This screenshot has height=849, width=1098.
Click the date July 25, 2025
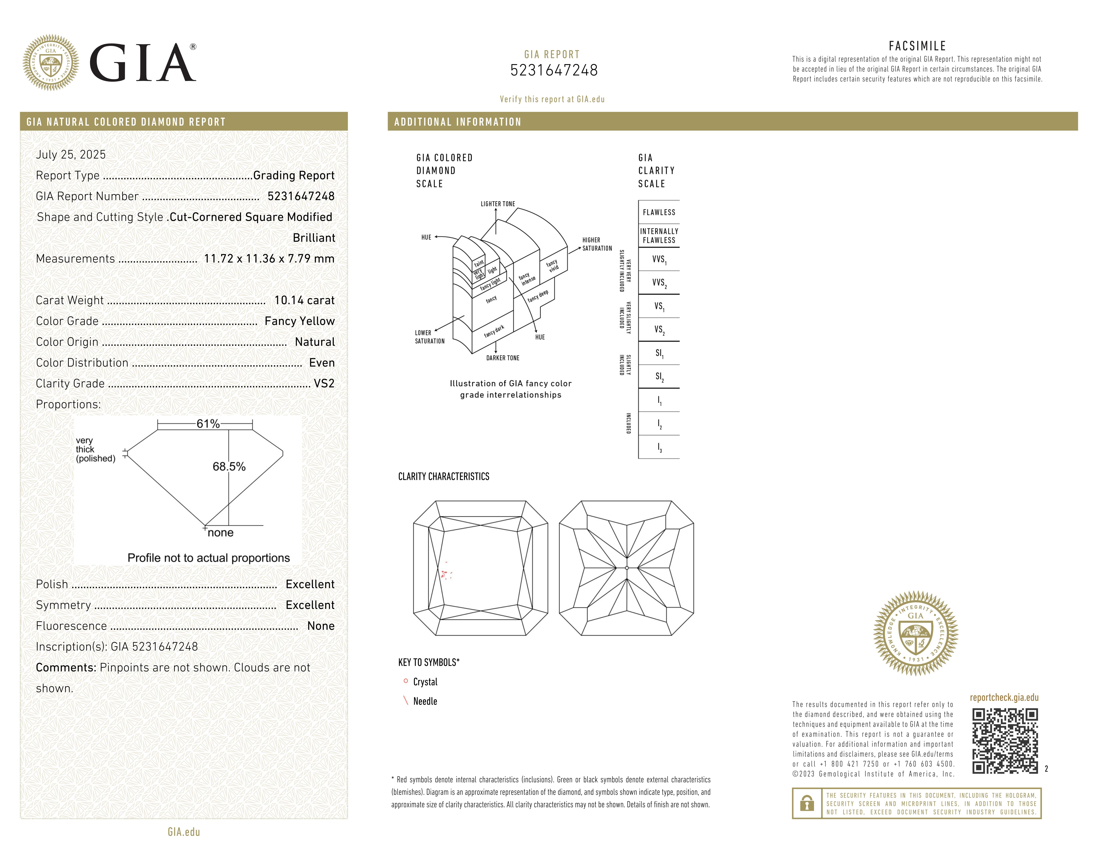71,154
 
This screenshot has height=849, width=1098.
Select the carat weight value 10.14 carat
304,300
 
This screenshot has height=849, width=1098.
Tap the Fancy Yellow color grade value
300,321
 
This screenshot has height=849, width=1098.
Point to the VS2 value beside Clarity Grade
324,383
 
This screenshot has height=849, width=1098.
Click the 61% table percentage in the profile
208,424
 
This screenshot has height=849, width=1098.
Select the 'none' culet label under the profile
221,533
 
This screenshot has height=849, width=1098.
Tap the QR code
1004,741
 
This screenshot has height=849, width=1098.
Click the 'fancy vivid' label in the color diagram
553,266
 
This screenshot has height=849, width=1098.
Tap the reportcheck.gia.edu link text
1004,698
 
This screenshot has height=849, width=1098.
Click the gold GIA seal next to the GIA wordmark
51,63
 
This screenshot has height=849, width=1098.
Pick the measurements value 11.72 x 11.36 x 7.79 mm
269,259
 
